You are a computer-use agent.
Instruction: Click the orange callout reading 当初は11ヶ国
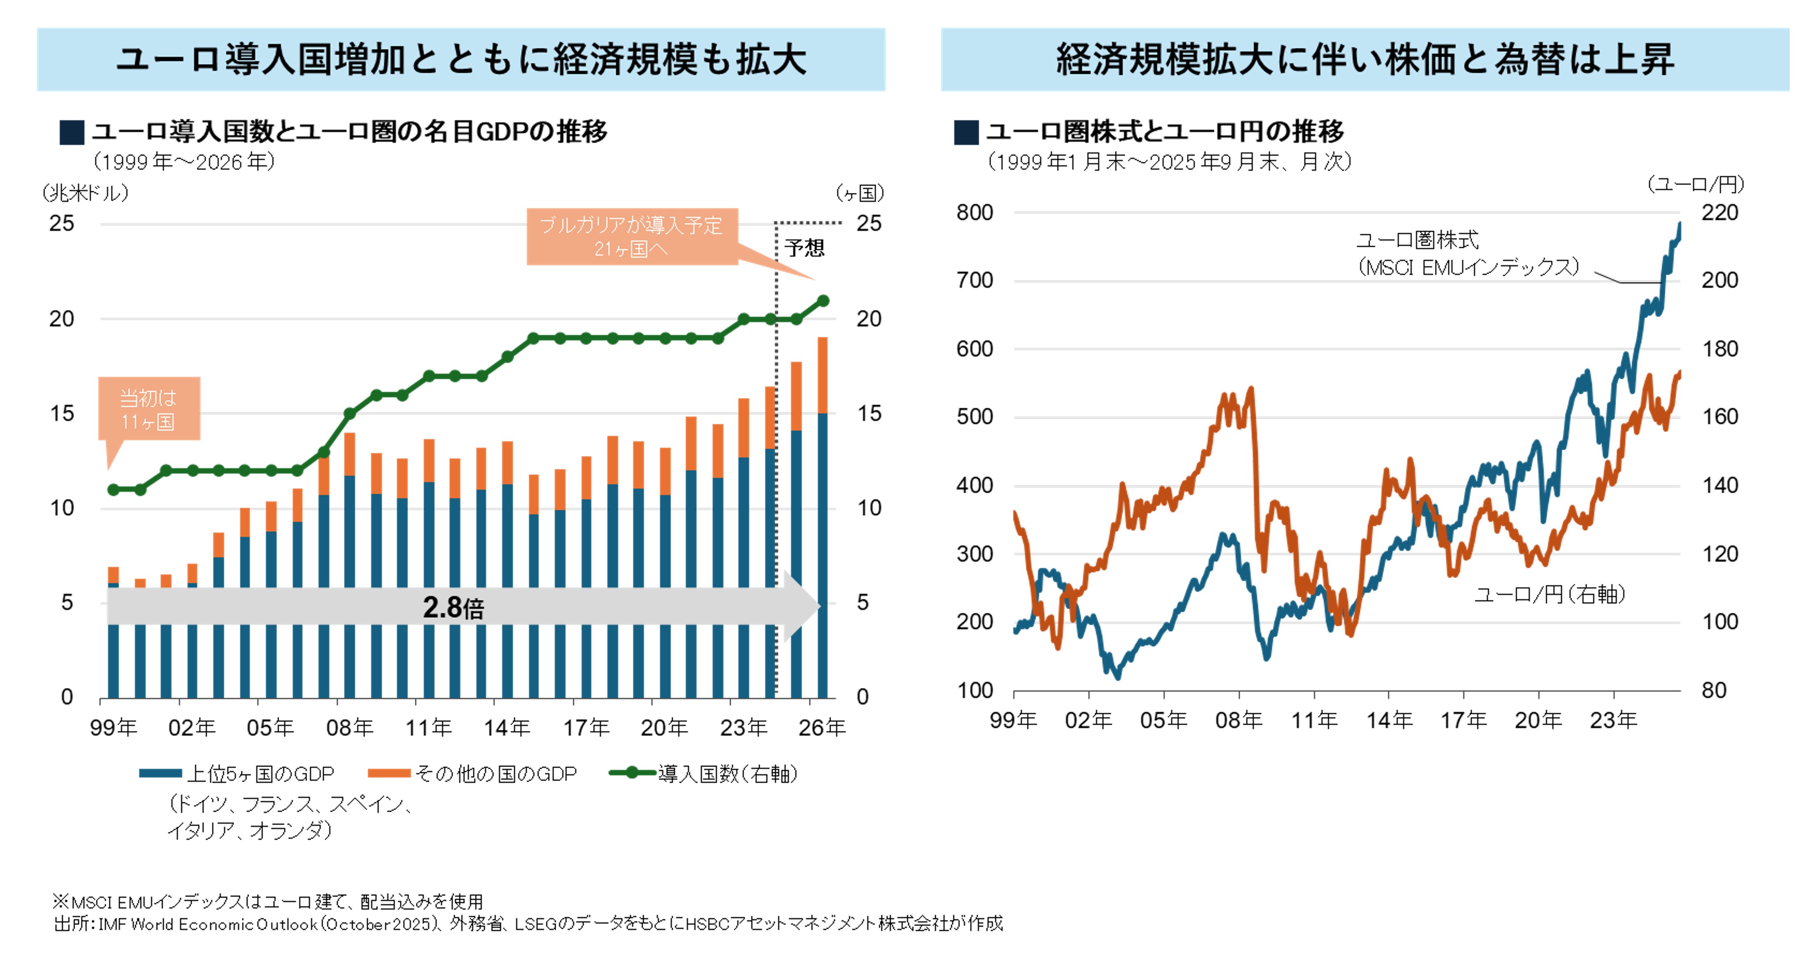(x=148, y=409)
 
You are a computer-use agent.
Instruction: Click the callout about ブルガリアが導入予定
(x=632, y=237)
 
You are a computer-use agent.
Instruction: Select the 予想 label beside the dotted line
(x=804, y=248)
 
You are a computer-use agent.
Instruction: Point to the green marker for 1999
(x=113, y=489)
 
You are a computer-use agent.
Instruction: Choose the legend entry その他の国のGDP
(x=495, y=774)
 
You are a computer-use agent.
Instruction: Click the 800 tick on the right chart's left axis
(x=975, y=213)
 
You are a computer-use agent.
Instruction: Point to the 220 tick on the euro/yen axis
(x=1720, y=213)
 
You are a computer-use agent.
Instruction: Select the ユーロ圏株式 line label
(x=1417, y=240)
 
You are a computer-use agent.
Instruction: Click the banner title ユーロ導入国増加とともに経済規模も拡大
(x=461, y=59)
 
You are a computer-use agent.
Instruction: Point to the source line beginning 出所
(x=528, y=923)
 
